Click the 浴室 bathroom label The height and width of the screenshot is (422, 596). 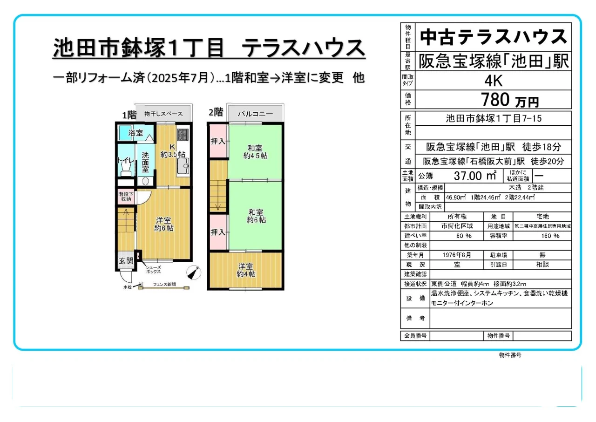135,133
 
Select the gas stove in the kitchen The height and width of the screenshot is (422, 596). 183,135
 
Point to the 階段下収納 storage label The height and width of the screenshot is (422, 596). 125,196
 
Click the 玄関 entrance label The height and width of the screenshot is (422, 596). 126,260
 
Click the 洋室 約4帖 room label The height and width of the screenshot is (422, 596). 245,271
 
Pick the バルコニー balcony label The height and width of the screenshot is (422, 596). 255,113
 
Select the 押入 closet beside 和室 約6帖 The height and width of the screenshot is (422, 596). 217,232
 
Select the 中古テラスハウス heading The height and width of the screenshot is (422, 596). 493,37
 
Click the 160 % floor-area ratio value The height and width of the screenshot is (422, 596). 542,236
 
